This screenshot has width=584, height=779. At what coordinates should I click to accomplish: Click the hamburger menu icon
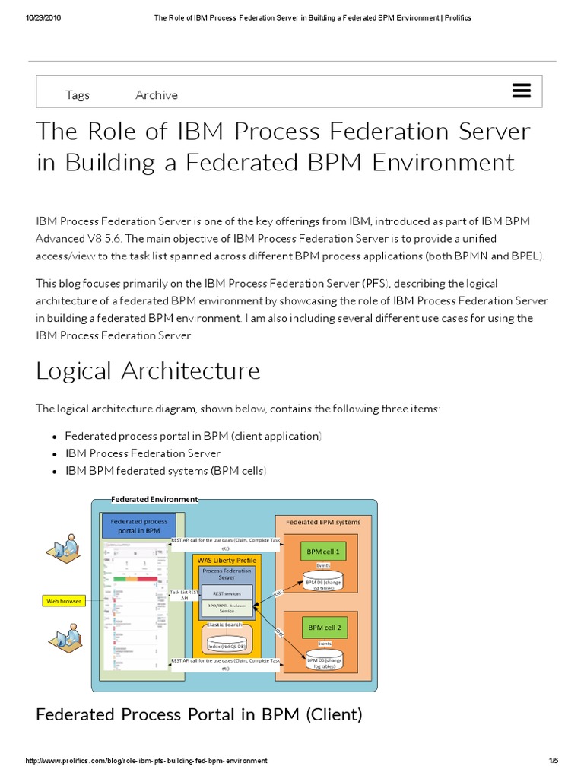pyautogui.click(x=522, y=91)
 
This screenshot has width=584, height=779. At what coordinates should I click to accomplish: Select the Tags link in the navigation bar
pyautogui.click(x=78, y=95)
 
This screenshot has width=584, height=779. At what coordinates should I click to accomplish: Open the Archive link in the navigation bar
pyautogui.click(x=157, y=95)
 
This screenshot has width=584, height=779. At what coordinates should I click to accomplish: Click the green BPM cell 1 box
pyautogui.click(x=323, y=551)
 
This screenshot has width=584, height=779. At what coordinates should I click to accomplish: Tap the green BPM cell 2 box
pyautogui.click(x=323, y=628)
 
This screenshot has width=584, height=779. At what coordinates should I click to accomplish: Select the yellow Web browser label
pyautogui.click(x=64, y=601)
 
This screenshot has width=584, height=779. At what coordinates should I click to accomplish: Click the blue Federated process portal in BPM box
pyautogui.click(x=139, y=526)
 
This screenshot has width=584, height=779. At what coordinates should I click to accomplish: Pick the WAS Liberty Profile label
pyautogui.click(x=227, y=560)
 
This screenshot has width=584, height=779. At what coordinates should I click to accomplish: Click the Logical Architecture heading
pyautogui.click(x=148, y=371)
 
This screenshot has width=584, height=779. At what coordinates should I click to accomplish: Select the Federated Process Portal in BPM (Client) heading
pyautogui.click(x=199, y=714)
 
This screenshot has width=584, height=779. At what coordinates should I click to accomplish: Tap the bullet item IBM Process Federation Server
pyautogui.click(x=142, y=453)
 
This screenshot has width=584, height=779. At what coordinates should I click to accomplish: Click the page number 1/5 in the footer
pyautogui.click(x=553, y=761)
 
